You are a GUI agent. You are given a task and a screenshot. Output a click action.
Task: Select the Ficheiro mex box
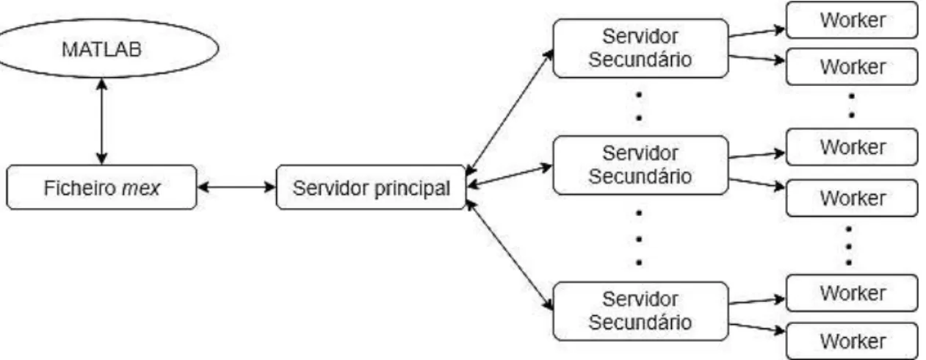click(101, 187)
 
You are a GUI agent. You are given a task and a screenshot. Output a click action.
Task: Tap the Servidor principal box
click(371, 187)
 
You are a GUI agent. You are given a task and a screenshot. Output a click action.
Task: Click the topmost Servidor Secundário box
click(640, 48)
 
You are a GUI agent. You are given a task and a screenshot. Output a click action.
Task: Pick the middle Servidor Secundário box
click(640, 165)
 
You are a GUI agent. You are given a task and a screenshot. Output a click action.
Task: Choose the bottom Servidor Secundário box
click(640, 312)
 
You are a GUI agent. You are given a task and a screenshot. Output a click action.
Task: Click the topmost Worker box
click(852, 20)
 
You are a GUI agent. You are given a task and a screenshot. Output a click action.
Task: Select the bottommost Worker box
click(852, 341)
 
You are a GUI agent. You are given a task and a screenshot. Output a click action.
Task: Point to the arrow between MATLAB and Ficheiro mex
click(101, 122)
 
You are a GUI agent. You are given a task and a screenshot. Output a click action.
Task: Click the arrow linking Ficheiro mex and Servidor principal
click(236, 187)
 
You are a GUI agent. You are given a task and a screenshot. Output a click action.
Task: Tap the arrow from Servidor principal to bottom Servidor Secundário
click(510, 255)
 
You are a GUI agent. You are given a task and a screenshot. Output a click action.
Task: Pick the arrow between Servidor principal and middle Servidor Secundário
click(510, 176)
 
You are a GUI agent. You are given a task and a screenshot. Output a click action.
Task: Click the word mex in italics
click(141, 189)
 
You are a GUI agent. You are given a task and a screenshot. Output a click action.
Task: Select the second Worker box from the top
click(852, 67)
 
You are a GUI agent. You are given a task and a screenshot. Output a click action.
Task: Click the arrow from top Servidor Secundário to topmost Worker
click(757, 32)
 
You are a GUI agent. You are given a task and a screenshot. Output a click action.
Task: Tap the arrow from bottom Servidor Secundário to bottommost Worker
click(757, 328)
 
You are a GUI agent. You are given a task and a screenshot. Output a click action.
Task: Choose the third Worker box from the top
click(852, 147)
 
